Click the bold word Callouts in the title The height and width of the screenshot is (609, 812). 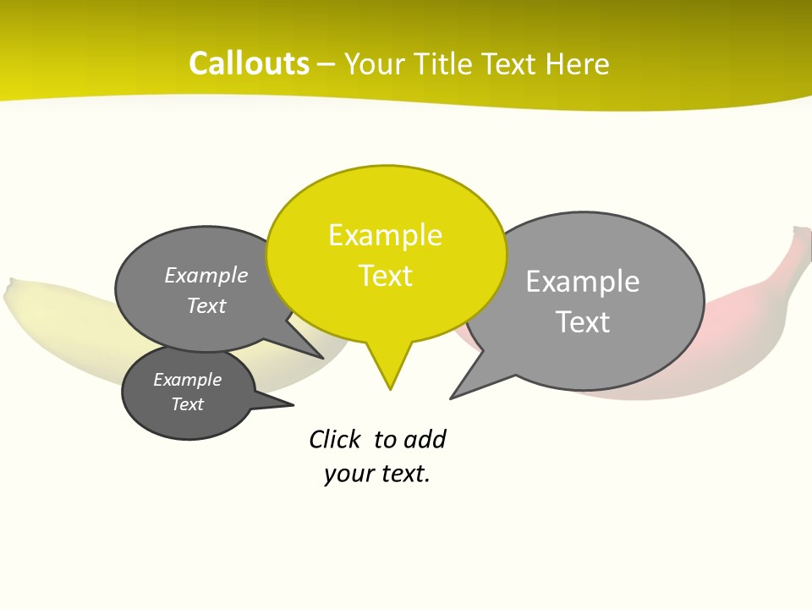coord(249,63)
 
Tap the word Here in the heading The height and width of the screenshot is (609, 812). coord(578,63)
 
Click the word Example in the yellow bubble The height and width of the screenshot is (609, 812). coord(385,235)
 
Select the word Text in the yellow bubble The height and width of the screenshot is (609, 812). coord(386,276)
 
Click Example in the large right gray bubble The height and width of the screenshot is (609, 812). coord(582,282)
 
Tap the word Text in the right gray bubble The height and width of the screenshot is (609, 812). coord(583,322)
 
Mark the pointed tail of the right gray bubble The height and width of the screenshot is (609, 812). coord(453,396)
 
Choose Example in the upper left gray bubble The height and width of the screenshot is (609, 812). coord(206,276)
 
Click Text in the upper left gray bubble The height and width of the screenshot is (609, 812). coord(206,305)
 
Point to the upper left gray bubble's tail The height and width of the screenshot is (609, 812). coord(320,356)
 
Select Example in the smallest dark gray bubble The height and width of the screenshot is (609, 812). coord(187,380)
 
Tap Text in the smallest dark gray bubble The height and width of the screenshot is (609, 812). coord(188,404)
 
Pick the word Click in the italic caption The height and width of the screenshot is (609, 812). coord(334,440)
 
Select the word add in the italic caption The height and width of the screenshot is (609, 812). coord(425,440)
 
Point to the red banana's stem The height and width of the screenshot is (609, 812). coord(799,241)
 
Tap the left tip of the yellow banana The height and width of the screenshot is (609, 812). coord(9,291)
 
